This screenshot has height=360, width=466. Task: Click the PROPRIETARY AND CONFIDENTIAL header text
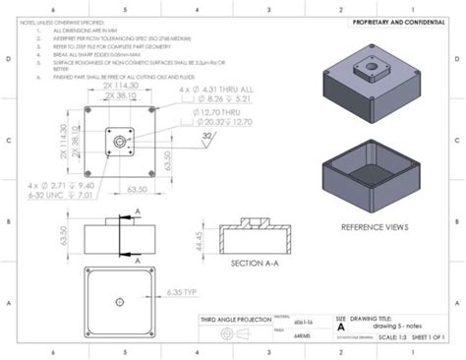tap(393, 22)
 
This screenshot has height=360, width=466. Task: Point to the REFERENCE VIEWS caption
tap(376, 226)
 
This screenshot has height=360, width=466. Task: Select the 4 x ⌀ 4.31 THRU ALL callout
tap(209, 90)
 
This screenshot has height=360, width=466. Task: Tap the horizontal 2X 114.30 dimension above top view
tap(119, 86)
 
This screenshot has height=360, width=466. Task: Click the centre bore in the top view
tap(119, 142)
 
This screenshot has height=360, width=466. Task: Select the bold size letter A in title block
tap(341, 330)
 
